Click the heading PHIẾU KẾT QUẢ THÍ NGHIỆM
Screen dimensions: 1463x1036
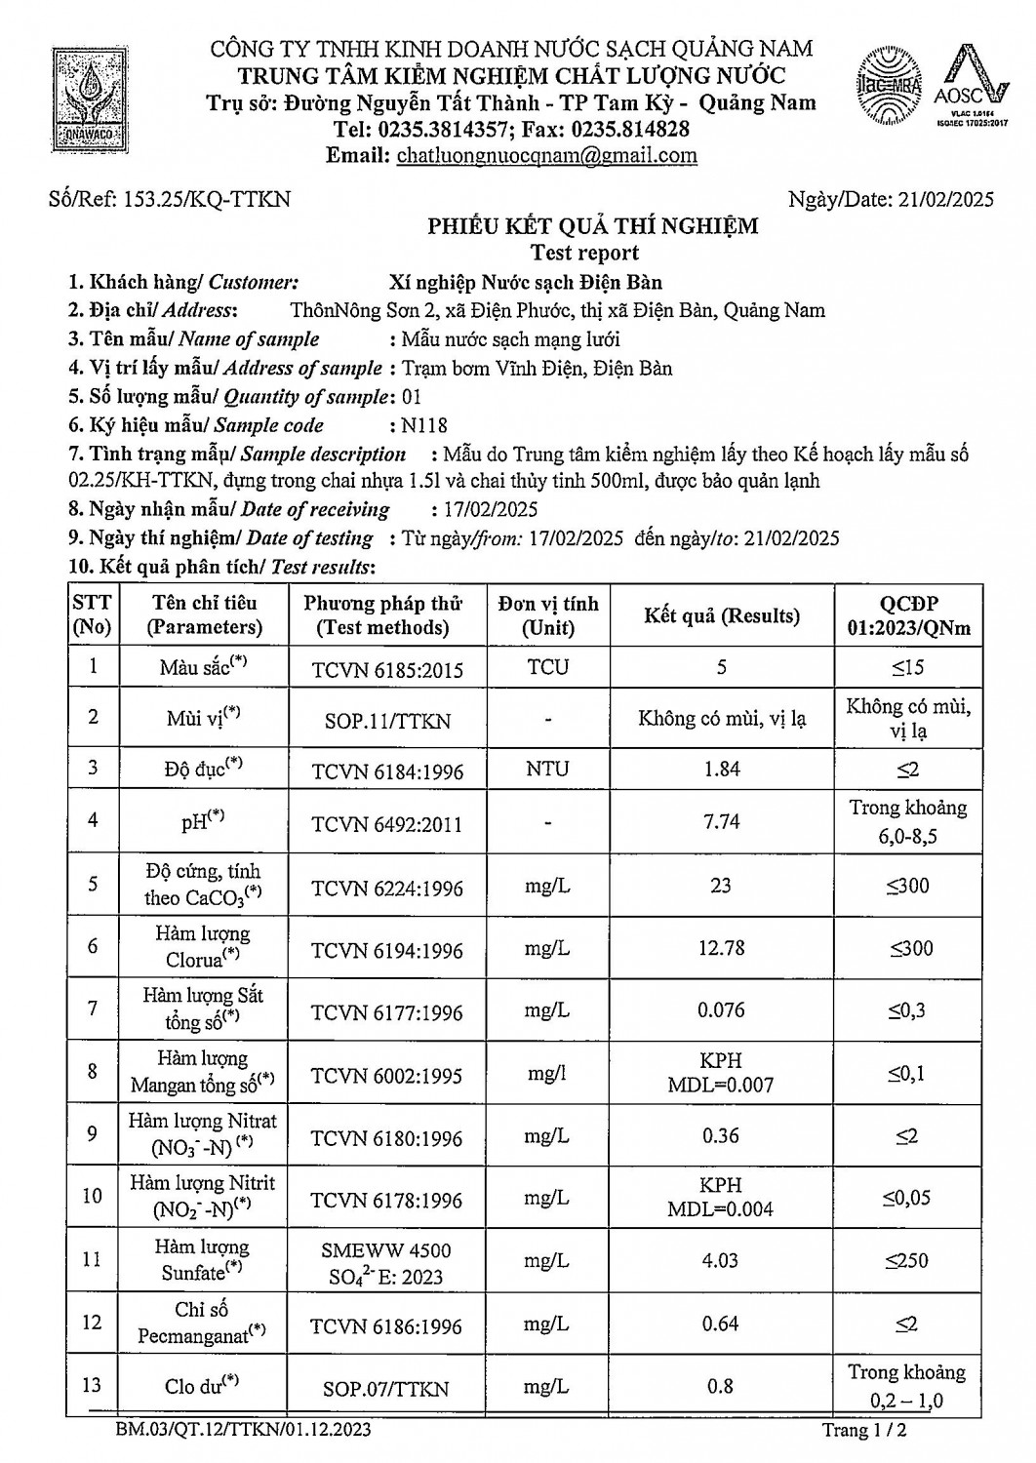pyautogui.click(x=593, y=227)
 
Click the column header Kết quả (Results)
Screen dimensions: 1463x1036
pyautogui.click(x=721, y=615)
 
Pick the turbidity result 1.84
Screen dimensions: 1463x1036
pyautogui.click(x=721, y=770)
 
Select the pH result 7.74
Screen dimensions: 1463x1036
pyautogui.click(x=721, y=821)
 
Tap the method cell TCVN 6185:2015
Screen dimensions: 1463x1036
pyautogui.click(x=387, y=670)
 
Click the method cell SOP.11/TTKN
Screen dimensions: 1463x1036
pyautogui.click(x=387, y=721)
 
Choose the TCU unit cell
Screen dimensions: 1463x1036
pyautogui.click(x=547, y=668)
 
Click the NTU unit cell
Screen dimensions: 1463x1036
pyautogui.click(x=547, y=770)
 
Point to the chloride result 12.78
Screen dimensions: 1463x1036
pyautogui.click(x=721, y=948)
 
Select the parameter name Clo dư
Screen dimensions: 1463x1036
pyautogui.click(x=203, y=1384)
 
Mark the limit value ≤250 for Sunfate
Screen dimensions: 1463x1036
pyautogui.click(x=907, y=1261)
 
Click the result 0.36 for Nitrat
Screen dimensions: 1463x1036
pyautogui.click(x=721, y=1136)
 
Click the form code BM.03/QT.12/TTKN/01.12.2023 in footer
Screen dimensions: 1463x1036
pyautogui.click(x=241, y=1431)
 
